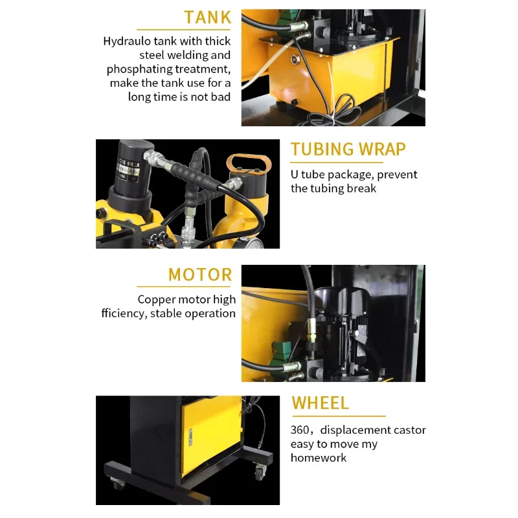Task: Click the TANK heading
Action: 207,17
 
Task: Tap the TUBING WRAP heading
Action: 348,150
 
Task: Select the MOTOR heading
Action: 199,275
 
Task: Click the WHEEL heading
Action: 320,403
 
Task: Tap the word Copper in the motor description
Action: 158,300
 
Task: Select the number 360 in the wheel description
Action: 300,430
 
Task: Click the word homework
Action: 319,458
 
